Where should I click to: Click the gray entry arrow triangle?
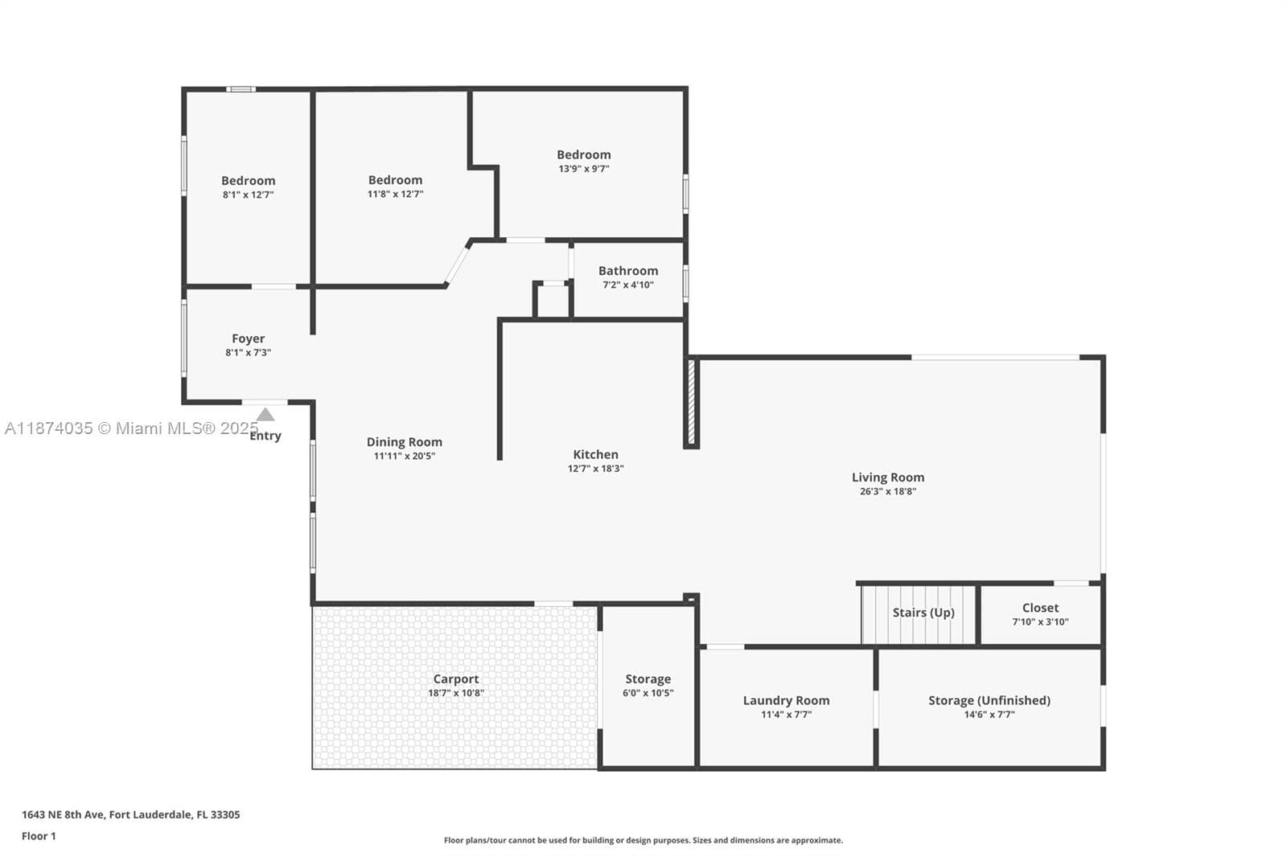(265, 414)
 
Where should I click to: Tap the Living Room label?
(888, 478)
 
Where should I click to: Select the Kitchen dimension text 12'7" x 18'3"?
(596, 468)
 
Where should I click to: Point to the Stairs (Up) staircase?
(919, 613)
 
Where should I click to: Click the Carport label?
(455, 679)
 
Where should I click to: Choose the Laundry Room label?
(786, 701)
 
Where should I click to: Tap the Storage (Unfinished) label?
(989, 701)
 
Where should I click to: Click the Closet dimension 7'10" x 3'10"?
(1040, 621)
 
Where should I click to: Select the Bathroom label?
(628, 271)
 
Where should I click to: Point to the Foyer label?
(249, 339)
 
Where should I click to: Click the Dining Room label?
(405, 442)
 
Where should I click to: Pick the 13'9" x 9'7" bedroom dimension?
(584, 169)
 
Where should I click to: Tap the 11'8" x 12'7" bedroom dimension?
(395, 194)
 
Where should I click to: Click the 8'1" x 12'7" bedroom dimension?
(249, 195)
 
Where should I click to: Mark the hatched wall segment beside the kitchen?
(691, 402)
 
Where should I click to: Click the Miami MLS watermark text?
(132, 428)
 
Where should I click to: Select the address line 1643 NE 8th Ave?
(131, 814)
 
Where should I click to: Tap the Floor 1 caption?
(39, 836)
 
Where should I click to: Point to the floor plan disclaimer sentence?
(643, 840)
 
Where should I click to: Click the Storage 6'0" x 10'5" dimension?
(648, 693)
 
